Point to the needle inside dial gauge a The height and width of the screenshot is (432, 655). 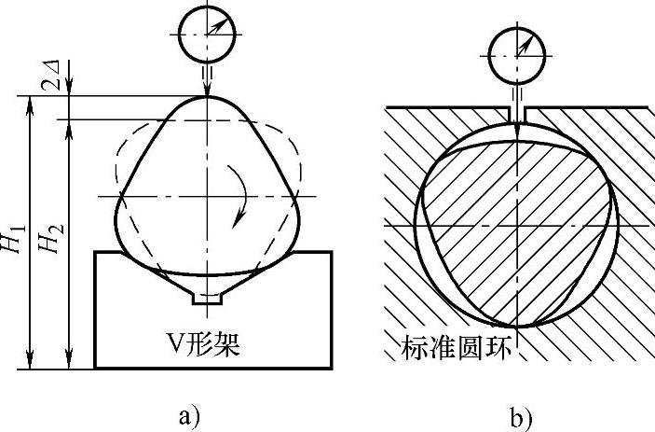(x=212, y=29)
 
